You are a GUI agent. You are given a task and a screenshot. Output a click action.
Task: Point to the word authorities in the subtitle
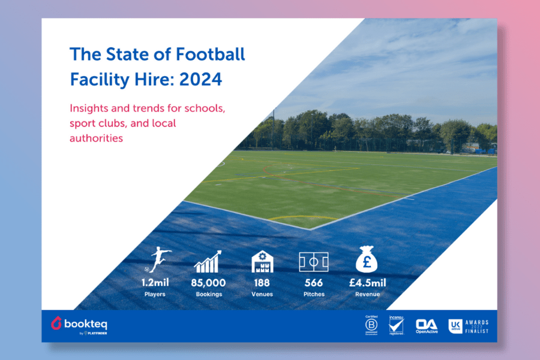tap(97, 138)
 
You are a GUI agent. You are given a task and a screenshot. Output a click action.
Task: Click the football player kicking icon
tap(158, 259)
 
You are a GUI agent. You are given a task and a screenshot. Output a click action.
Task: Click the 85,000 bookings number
tap(208, 283)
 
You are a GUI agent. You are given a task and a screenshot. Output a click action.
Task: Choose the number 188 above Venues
tap(262, 283)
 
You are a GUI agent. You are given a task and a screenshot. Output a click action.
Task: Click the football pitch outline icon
tap(314, 262)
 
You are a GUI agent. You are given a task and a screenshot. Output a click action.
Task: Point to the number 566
tap(314, 283)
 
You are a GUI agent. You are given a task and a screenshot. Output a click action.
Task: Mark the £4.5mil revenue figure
tap(365, 283)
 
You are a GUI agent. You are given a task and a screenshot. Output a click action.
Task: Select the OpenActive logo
tap(426, 325)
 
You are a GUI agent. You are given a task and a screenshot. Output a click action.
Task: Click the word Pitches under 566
tap(314, 295)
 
